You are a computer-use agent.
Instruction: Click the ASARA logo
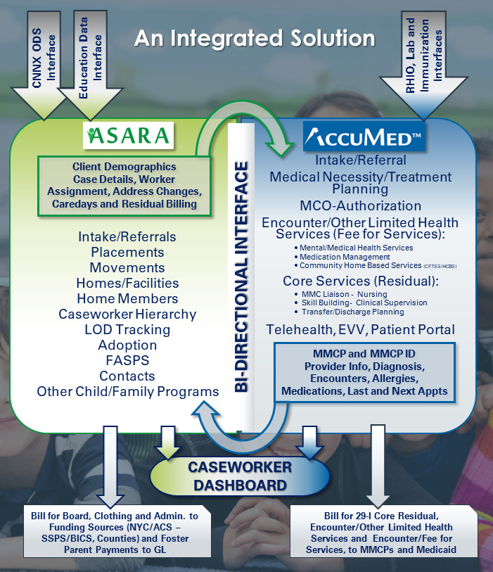point(127,135)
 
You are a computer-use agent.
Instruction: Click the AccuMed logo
point(364,136)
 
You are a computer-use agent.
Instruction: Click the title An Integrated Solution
point(255,37)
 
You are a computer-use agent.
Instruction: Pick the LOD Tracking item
point(128,329)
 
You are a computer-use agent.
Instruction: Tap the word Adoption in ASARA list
point(128,345)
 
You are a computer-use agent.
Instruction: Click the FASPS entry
point(128,360)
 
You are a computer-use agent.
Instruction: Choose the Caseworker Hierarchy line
point(128,314)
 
